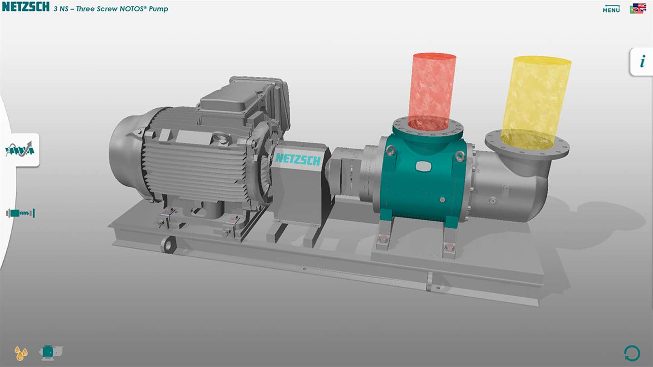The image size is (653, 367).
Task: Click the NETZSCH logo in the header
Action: coord(26,7)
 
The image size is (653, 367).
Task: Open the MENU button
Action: coord(611,9)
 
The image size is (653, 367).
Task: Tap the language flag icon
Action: coord(638,9)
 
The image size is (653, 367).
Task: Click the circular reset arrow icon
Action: coord(632,353)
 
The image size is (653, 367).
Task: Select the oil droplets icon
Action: coord(21,353)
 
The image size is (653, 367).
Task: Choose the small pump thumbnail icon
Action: coord(51,352)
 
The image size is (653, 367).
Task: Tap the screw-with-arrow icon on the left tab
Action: coord(20,150)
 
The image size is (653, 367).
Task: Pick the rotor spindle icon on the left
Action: coord(20,213)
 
